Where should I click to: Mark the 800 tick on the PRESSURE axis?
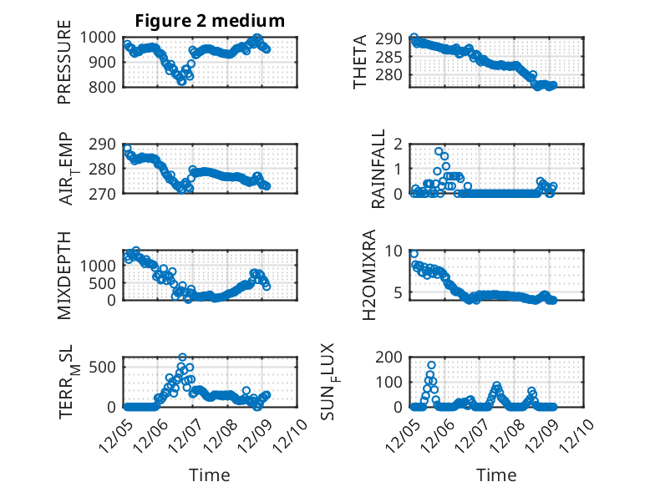click(107, 86)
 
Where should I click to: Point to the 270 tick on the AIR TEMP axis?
click(107, 193)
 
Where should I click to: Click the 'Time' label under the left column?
click(210, 474)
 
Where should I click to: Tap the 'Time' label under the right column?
click(496, 474)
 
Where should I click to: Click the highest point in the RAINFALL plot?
click(439, 152)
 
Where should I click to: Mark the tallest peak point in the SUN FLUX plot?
click(432, 365)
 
